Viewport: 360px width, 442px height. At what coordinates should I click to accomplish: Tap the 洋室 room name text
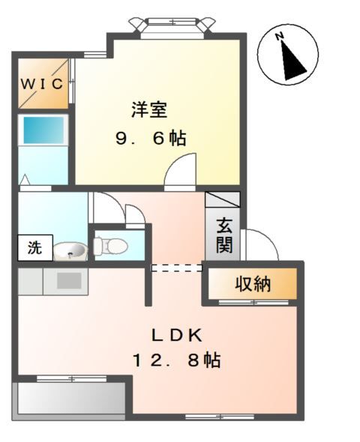point(148,110)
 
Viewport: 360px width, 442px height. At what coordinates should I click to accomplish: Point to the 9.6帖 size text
point(150,139)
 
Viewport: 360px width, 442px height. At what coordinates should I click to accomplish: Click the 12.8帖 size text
point(177,360)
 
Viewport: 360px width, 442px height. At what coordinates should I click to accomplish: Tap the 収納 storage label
point(253,284)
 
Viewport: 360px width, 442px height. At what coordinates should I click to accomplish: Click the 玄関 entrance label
point(223,234)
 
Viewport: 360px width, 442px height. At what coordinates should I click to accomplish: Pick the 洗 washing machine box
point(34,248)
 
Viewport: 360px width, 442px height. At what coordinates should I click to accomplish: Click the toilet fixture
point(109,244)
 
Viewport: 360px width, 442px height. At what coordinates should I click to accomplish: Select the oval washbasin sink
point(70,250)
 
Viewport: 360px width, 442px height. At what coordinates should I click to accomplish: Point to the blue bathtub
point(43,130)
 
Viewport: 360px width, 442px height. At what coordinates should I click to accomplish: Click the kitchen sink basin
point(69,280)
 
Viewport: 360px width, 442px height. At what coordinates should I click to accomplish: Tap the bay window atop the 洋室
point(172,26)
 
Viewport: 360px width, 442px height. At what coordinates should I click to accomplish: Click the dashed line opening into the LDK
point(177,267)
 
